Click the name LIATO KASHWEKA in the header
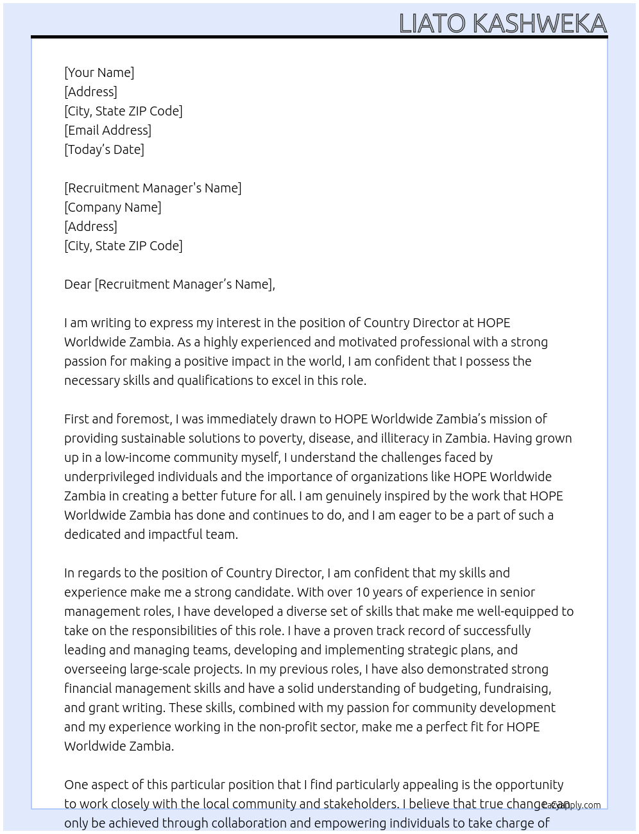(x=502, y=24)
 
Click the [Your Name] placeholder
(x=99, y=72)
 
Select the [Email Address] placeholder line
(x=108, y=130)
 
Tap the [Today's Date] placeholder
(x=104, y=149)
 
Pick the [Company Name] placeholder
(x=112, y=207)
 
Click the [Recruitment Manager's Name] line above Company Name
(x=153, y=188)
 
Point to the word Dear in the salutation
(x=78, y=284)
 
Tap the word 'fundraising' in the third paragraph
(x=517, y=688)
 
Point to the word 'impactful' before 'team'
(x=176, y=534)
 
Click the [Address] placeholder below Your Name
(x=90, y=92)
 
